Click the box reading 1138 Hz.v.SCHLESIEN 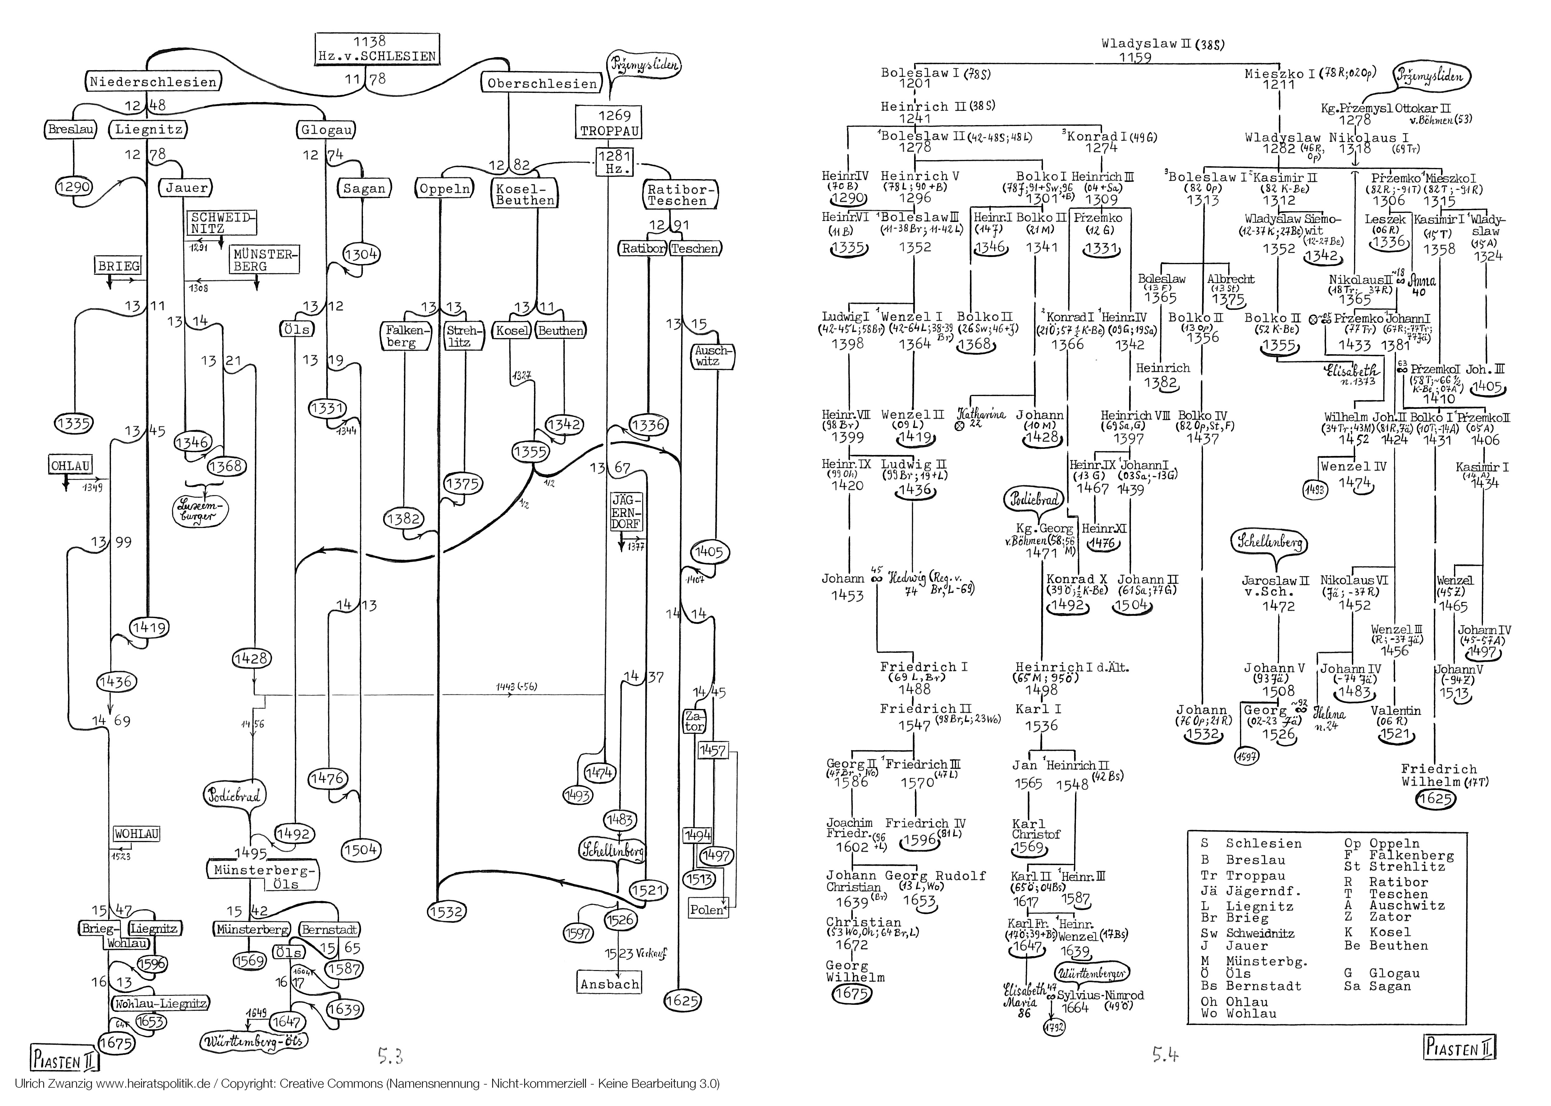point(377,49)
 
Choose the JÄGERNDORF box point(625,512)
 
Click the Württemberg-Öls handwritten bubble point(253,1041)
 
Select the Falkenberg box point(406,336)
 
